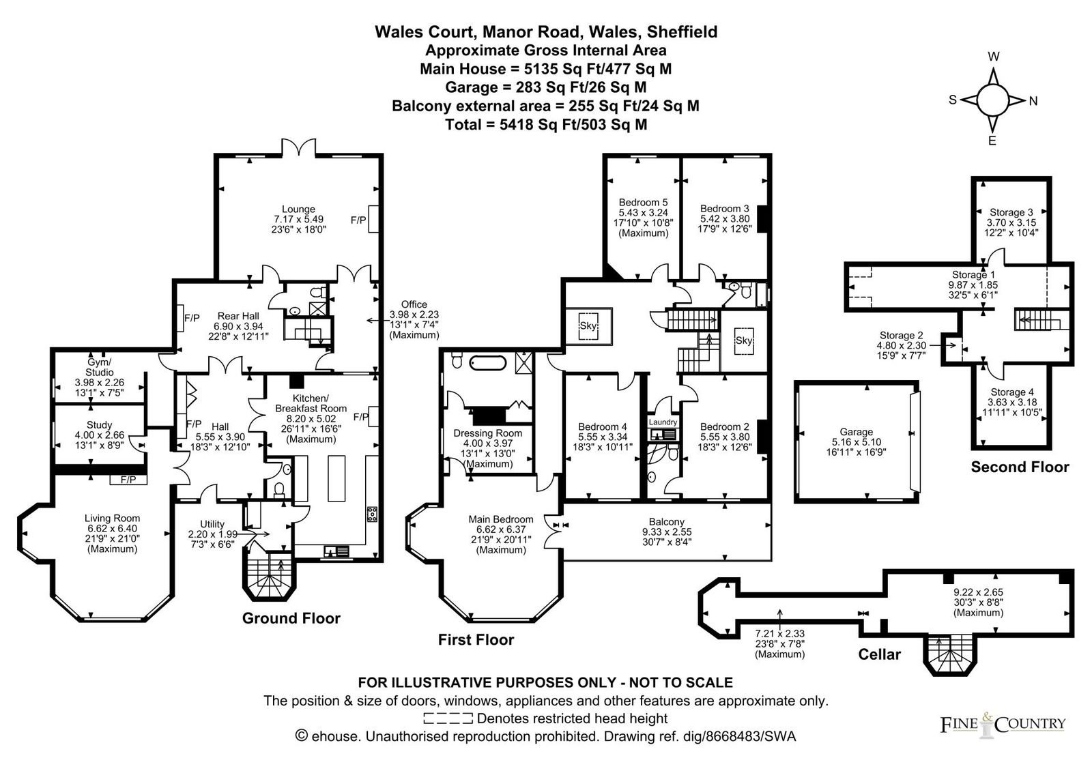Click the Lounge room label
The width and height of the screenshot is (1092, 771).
(x=298, y=209)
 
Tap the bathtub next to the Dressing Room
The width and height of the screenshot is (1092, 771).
(x=488, y=363)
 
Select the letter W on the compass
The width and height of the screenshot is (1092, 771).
(x=994, y=57)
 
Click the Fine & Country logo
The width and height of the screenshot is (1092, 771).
(x=1003, y=725)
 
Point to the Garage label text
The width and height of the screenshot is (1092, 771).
(x=856, y=431)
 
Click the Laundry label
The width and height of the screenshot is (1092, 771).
(x=663, y=422)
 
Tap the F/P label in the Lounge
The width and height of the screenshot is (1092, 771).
(x=358, y=220)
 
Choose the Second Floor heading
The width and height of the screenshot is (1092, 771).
(x=1020, y=467)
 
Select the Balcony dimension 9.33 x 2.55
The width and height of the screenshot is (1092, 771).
(x=667, y=532)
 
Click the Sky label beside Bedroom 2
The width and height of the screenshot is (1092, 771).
(x=743, y=340)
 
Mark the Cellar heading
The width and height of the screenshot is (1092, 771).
(x=880, y=654)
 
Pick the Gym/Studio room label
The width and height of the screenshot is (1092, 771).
(x=100, y=367)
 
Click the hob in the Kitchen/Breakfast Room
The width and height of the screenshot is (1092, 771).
(x=372, y=514)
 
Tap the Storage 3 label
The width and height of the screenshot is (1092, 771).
(x=1011, y=212)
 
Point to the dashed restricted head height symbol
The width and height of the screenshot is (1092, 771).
(x=448, y=718)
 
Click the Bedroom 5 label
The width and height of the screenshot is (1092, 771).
(x=643, y=202)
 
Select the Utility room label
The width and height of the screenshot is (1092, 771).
(x=212, y=524)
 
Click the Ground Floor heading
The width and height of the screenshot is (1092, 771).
(x=291, y=618)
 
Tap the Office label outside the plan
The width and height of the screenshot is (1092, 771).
(x=414, y=304)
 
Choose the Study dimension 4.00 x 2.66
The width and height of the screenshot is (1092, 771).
(x=100, y=435)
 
